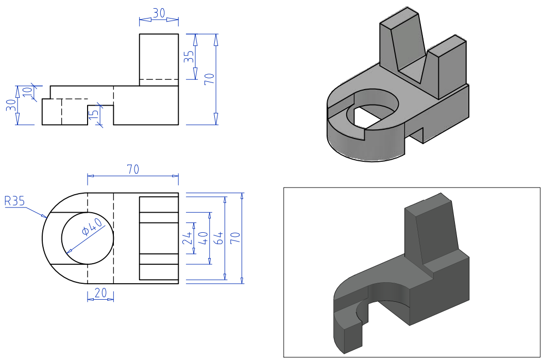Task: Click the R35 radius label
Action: coord(14,201)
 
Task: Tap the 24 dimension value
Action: coord(188,237)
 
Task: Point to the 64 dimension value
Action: coord(219,237)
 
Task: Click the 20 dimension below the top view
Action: coord(100,293)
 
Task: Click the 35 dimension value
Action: coord(190,57)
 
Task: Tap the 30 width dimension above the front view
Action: coord(159,14)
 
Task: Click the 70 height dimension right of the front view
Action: coord(209,79)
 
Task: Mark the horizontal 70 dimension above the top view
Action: coord(133,169)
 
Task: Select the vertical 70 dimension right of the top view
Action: coord(235,237)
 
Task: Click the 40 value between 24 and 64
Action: coord(203,237)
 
